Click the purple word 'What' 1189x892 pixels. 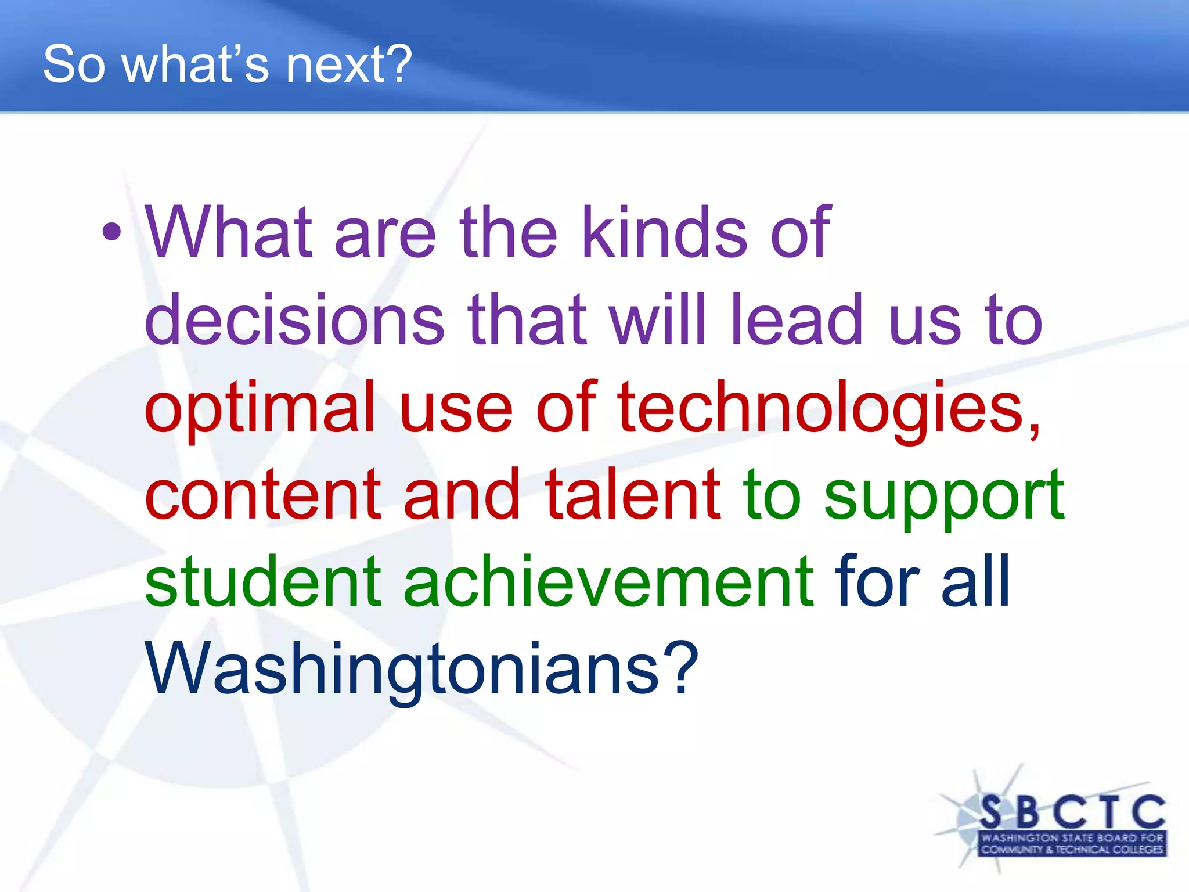click(229, 232)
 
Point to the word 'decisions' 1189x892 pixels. click(294, 319)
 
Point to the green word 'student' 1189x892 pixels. click(262, 581)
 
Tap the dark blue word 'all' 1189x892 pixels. click(975, 581)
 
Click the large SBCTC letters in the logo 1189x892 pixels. click(1072, 812)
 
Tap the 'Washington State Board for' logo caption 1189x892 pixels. click(1072, 838)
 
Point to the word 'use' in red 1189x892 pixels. click(456, 408)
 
